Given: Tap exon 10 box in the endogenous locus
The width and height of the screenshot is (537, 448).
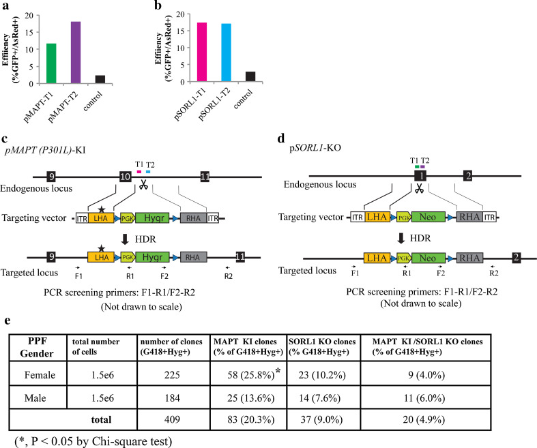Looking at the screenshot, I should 125,177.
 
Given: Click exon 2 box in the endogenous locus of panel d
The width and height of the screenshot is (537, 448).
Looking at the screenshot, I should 469,175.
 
